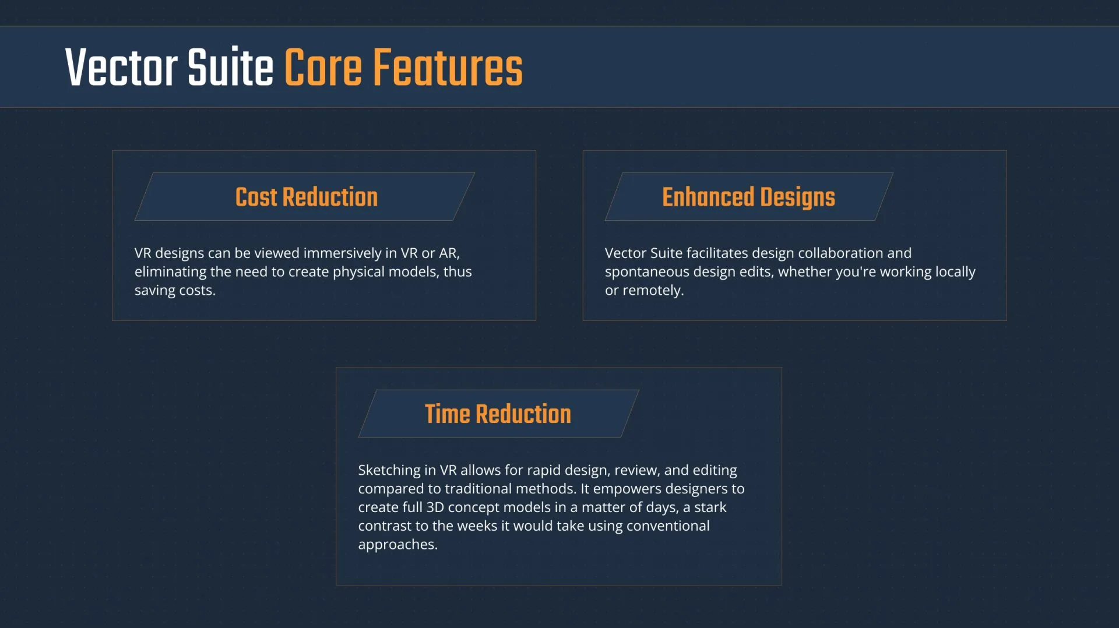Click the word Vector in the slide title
point(121,68)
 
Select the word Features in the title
point(448,68)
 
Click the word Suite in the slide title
point(230,68)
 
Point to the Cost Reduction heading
point(307,197)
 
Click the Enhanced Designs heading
point(748,197)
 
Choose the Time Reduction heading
point(498,414)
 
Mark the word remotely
point(653,291)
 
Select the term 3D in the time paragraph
point(435,507)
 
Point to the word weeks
point(477,526)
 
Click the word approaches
point(397,545)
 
